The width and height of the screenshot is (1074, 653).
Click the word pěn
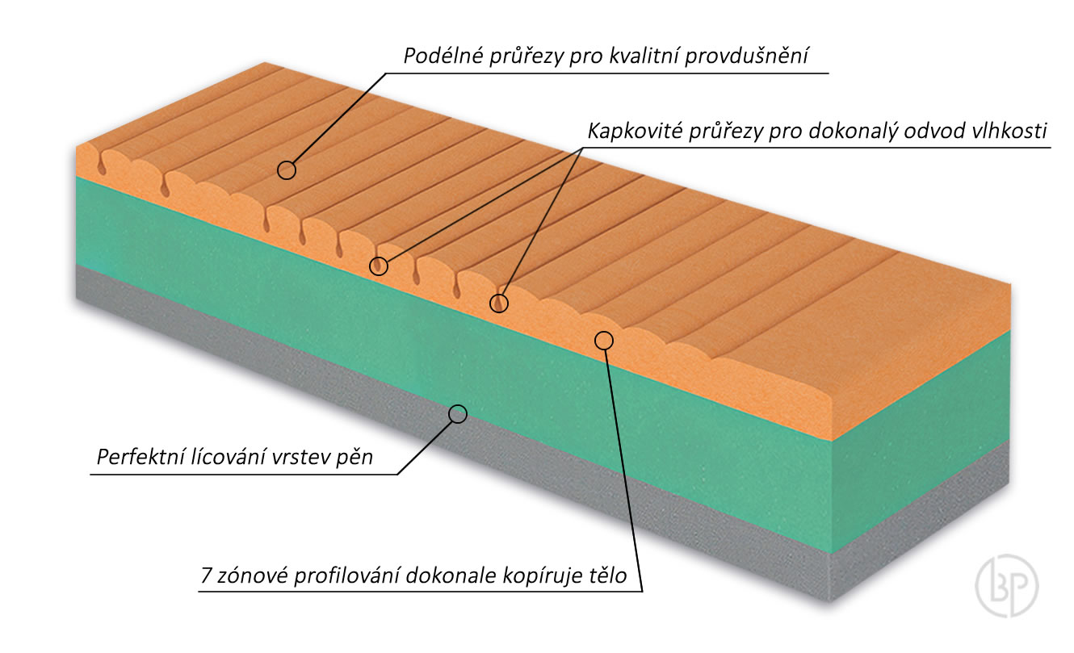tap(358, 457)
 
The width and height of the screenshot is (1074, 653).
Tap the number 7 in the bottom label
tap(205, 576)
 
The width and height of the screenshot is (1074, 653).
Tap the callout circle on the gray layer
tap(458, 414)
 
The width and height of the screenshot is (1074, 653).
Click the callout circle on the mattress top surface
tap(286, 170)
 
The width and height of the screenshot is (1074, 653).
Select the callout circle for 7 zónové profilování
tap(604, 341)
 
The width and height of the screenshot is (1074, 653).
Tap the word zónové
tap(249, 576)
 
